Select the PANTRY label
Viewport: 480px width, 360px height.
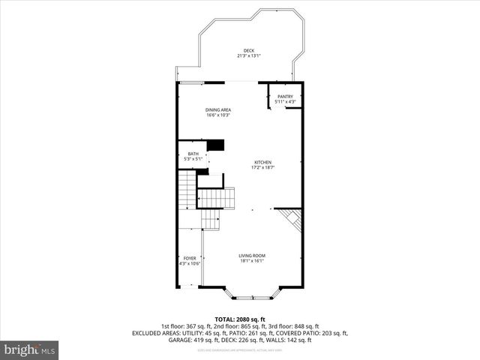[x=285, y=97]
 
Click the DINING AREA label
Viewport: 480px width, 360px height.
[x=218, y=110]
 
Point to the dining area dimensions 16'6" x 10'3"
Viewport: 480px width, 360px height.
[x=218, y=115]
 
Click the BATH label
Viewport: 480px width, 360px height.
[x=193, y=154]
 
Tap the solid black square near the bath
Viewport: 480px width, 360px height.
[x=216, y=145]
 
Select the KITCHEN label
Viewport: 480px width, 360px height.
[x=262, y=163]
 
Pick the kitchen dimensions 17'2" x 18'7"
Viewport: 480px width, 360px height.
[x=262, y=168]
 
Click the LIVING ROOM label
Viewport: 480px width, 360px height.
[x=252, y=256]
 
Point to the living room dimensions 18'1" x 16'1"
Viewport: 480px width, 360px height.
[x=252, y=261]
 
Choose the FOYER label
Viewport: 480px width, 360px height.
[x=190, y=258]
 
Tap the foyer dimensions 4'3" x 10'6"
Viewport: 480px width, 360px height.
[x=190, y=263]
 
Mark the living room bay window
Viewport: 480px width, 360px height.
[x=252, y=293]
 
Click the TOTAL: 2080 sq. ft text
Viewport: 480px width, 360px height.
[x=240, y=319]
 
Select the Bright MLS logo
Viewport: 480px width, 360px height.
[x=30, y=349]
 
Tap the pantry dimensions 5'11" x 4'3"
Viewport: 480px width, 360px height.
[x=285, y=102]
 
